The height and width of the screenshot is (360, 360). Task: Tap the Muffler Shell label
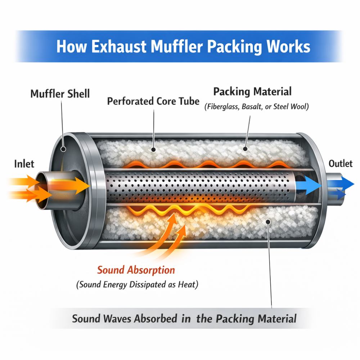(x=60, y=94)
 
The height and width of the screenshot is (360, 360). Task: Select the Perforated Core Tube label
(x=153, y=101)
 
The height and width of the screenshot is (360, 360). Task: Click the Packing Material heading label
(x=252, y=91)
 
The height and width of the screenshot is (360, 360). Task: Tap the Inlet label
(x=24, y=164)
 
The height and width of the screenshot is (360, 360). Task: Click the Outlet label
(x=341, y=164)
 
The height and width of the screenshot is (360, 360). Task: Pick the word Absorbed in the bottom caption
(x=156, y=319)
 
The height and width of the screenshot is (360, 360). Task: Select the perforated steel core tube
(x=202, y=186)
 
